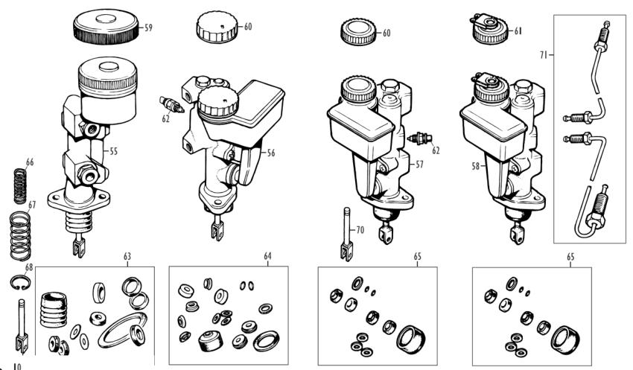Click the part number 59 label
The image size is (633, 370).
coord(148,29)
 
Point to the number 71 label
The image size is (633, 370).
coord(545,55)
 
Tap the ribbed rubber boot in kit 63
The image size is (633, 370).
coord(52,305)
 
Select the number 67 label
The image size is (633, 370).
coord(31,204)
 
